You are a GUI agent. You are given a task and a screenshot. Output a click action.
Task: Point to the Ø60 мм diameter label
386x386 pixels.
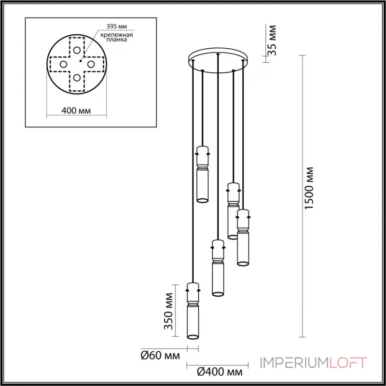pos(160,357)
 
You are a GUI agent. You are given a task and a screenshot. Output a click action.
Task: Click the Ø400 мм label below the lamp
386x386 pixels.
pos(220,372)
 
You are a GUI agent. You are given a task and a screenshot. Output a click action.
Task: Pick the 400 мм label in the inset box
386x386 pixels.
pos(77,111)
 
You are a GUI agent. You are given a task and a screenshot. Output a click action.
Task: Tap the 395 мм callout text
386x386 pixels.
pos(114,27)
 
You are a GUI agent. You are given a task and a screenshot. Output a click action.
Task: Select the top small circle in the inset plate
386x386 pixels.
pos(77,50)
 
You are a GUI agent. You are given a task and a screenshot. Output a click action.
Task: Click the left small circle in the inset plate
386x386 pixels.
pos(63,64)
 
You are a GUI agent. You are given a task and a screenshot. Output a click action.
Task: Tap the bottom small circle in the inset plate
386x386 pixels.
pos(77,78)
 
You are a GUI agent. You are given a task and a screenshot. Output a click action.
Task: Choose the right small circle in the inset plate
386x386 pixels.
pos(91,64)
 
